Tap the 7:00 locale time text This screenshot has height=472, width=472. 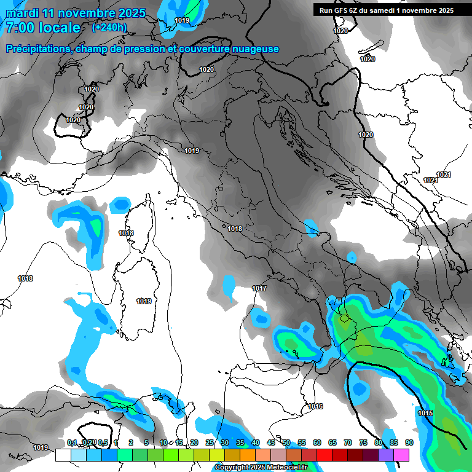click(42, 28)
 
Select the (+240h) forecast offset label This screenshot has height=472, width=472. click(109, 27)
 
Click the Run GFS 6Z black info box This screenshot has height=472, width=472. click(383, 10)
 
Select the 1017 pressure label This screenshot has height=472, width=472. click(259, 288)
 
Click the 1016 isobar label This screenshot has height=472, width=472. click(316, 406)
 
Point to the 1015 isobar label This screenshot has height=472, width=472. click(425, 413)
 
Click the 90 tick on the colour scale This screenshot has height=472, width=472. click(409, 442)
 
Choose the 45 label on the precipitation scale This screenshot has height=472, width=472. click(271, 442)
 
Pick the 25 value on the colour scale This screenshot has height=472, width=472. click(210, 442)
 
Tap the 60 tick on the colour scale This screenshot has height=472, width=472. click(317, 442)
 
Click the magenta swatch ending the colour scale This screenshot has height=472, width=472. click(401, 455)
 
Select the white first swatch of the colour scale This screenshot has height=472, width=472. click(63, 455)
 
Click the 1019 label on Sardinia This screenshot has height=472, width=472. click(144, 301)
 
